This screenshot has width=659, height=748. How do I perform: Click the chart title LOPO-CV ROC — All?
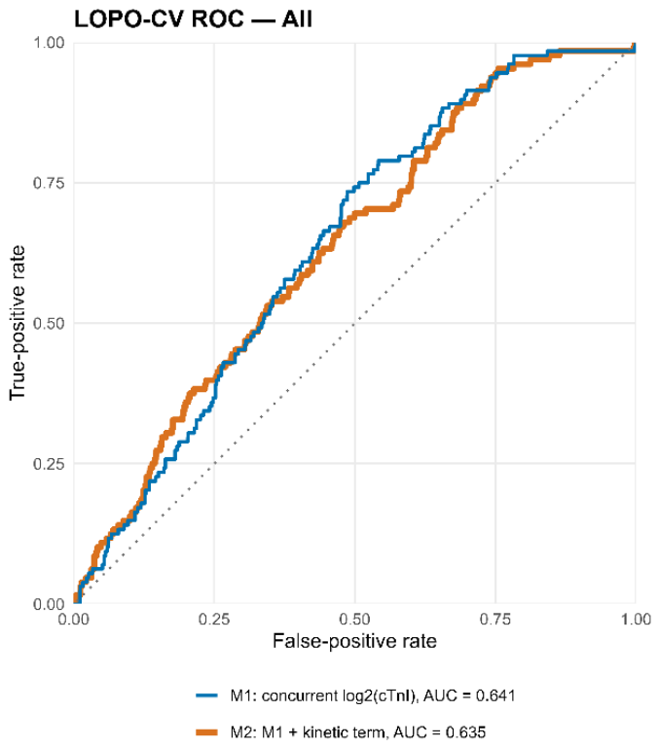(x=194, y=19)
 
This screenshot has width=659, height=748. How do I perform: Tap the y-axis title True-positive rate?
(x=18, y=323)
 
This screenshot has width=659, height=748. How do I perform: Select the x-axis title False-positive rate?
(x=354, y=641)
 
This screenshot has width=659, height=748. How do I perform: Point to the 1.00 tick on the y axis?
(x=49, y=43)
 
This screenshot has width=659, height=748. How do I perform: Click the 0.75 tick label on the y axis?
(x=49, y=183)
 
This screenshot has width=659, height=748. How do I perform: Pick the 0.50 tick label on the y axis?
(x=49, y=323)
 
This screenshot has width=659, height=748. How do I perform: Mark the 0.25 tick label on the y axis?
(x=49, y=463)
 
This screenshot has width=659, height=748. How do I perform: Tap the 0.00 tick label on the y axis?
(x=49, y=604)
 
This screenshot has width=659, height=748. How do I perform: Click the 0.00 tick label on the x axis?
(x=74, y=620)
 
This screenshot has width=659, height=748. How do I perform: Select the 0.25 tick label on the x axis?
(x=214, y=620)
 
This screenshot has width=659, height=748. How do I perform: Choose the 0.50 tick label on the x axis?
(x=354, y=620)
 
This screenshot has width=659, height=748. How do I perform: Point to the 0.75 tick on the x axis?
(x=495, y=620)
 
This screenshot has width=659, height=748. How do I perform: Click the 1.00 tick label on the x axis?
(x=636, y=620)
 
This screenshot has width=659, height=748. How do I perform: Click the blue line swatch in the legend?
(x=206, y=695)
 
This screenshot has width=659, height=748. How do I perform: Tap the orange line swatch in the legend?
(x=206, y=732)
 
